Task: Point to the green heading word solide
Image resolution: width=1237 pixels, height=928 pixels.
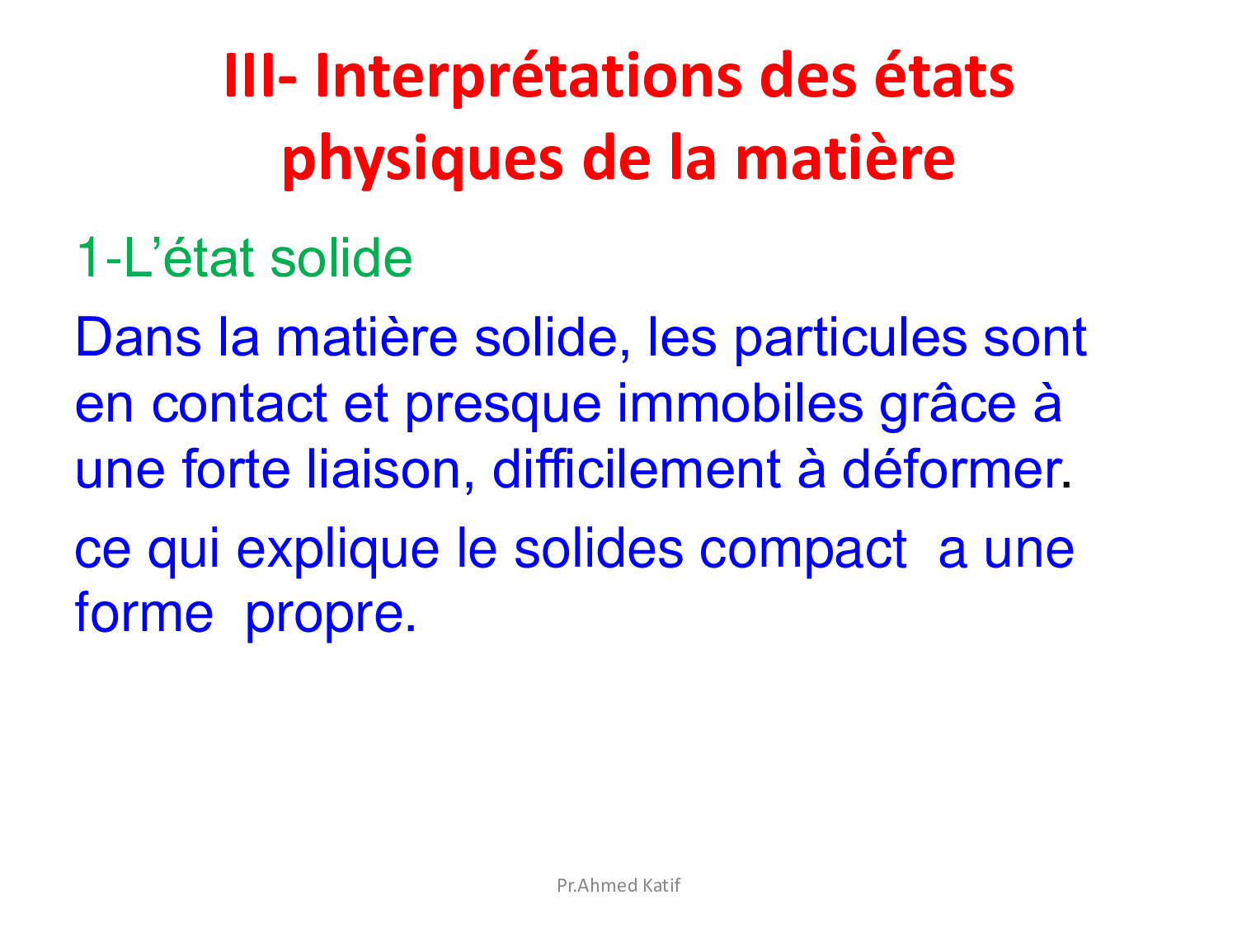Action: click(341, 258)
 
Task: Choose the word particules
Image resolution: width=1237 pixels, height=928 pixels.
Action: click(850, 340)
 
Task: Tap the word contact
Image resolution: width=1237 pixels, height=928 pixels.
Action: click(239, 403)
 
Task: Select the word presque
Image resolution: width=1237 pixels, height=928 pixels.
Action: click(503, 408)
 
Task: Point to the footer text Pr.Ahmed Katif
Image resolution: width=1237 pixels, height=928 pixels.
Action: click(618, 885)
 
